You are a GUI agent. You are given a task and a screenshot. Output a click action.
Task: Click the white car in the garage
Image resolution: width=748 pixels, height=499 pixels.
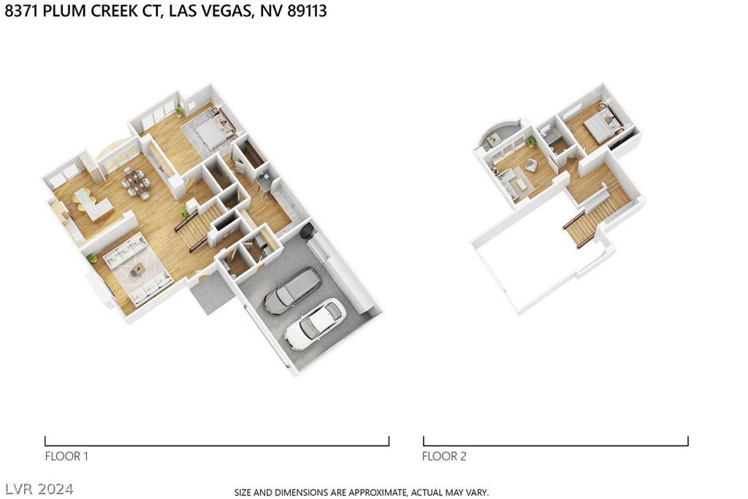pyautogui.click(x=314, y=324)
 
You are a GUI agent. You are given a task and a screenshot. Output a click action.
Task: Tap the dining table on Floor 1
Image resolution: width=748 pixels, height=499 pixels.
pyautogui.click(x=136, y=182)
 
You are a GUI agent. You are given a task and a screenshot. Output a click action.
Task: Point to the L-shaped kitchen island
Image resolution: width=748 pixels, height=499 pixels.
pyautogui.click(x=93, y=204)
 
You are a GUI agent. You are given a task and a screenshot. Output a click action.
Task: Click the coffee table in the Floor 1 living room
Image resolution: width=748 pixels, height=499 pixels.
pyautogui.click(x=137, y=270)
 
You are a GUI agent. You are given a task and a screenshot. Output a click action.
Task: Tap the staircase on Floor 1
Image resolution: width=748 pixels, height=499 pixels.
pyautogui.click(x=200, y=226)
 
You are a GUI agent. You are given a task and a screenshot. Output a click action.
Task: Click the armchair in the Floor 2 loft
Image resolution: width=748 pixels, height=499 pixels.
pyautogui.click(x=530, y=165)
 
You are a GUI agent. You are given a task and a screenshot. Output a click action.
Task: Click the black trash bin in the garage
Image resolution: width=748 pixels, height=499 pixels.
pyautogui.click(x=307, y=231)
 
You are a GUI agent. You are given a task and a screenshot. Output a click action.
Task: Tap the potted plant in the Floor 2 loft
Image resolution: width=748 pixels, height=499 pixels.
pyautogui.click(x=531, y=142)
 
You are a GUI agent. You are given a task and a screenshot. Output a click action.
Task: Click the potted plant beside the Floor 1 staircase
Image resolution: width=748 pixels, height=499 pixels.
pyautogui.click(x=184, y=215)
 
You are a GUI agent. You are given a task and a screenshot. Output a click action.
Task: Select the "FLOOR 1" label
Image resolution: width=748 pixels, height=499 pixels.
pyautogui.click(x=66, y=456)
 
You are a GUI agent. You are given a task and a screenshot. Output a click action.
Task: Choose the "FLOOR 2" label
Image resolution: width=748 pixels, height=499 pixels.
pyautogui.click(x=443, y=456)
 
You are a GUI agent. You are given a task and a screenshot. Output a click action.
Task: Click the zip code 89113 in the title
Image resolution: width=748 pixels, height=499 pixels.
pyautogui.click(x=308, y=10)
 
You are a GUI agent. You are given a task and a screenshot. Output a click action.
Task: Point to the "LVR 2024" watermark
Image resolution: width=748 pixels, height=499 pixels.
pyautogui.click(x=39, y=489)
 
